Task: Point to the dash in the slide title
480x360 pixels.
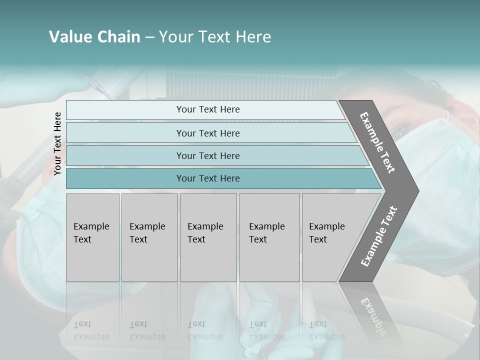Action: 149,37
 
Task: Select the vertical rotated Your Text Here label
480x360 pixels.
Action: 57,143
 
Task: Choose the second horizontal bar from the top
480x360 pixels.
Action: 208,133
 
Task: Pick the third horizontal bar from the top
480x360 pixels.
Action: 208,155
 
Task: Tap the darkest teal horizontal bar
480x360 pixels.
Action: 208,178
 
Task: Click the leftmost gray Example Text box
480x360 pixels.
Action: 92,237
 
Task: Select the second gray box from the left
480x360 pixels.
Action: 149,237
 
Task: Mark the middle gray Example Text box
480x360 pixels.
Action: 208,237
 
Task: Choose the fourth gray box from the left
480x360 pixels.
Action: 269,237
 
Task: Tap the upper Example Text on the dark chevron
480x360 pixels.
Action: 377,142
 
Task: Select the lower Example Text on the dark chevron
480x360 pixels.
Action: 379,236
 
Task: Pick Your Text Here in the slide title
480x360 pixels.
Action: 215,37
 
